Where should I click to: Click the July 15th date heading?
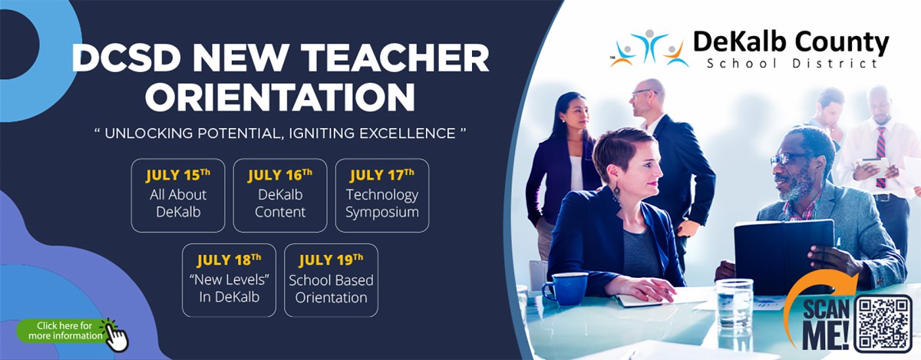pyautogui.click(x=178, y=175)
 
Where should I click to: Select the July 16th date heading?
pyautogui.click(x=280, y=175)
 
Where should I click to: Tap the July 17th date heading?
pyautogui.click(x=382, y=175)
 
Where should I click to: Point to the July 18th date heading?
pyautogui.click(x=229, y=260)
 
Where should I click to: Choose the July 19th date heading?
pyautogui.click(x=331, y=260)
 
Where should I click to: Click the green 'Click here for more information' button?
pyautogui.click(x=61, y=331)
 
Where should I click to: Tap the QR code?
pyautogui.click(x=883, y=323)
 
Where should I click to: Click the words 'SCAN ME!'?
pyautogui.click(x=826, y=325)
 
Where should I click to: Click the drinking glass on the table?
pyautogui.click(x=734, y=305)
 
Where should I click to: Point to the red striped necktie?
pyautogui.click(x=880, y=157)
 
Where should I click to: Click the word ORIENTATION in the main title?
pyautogui.click(x=280, y=97)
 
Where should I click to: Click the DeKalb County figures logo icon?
pyautogui.click(x=649, y=48)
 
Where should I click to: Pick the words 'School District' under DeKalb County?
pyautogui.click(x=792, y=64)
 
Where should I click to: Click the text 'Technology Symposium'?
pyautogui.click(x=382, y=203)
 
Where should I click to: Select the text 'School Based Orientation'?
pyautogui.click(x=331, y=289)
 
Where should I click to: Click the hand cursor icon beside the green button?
pyautogui.click(x=116, y=335)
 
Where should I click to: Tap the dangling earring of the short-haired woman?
pyautogui.click(x=617, y=191)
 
